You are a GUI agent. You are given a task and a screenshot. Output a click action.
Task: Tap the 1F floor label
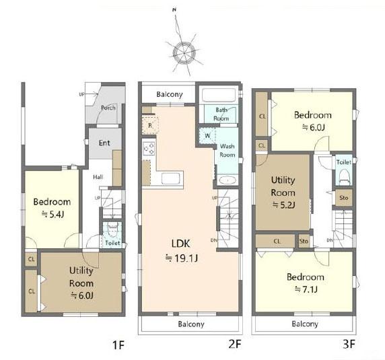pyautogui.click(x=118, y=345)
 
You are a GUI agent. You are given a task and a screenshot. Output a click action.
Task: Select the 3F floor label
pyautogui.click(x=349, y=344)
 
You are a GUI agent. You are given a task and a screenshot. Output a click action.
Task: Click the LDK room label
pyautogui.click(x=180, y=244)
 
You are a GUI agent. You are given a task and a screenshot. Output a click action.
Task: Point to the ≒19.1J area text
pyautogui.click(x=182, y=258)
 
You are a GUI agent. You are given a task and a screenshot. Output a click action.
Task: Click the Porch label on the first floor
pyautogui.click(x=108, y=108)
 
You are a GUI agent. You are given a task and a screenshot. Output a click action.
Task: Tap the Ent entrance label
pyautogui.click(x=104, y=143)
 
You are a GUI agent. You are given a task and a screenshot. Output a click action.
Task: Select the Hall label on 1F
pyautogui.click(x=98, y=177)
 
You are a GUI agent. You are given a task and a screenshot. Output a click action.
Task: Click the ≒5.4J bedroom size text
pyautogui.click(x=53, y=215)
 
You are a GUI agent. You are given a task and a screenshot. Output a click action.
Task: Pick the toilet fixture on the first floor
pyautogui.click(x=112, y=230)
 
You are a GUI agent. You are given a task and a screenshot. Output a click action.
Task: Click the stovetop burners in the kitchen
pyautogui.click(x=149, y=149)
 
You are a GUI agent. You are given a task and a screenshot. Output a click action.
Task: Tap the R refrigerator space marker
pyautogui.click(x=150, y=126)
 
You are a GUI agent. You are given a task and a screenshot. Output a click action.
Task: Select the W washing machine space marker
pyautogui.click(x=207, y=135)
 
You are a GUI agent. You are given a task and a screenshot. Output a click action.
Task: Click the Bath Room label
pyautogui.click(x=221, y=114)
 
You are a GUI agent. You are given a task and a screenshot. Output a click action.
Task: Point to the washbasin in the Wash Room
pyautogui.click(x=227, y=180)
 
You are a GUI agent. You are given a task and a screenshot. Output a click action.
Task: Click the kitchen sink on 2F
pyautogui.click(x=170, y=178)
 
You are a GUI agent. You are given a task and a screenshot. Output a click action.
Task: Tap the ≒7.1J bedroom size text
pyautogui.click(x=306, y=289)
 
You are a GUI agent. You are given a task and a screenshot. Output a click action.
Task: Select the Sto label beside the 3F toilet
pyautogui.click(x=344, y=198)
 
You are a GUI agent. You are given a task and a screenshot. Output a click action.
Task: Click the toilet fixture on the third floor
pyautogui.click(x=344, y=176)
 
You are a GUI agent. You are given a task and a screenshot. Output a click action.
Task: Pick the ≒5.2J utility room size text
pyautogui.click(x=283, y=205)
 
